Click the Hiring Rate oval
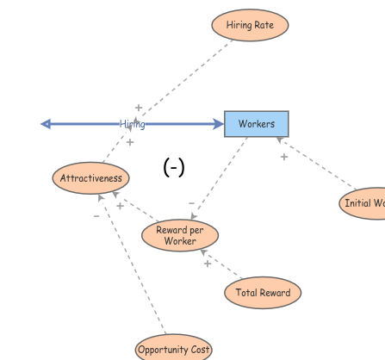(x=250, y=25)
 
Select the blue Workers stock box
(x=257, y=124)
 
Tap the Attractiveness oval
(x=90, y=178)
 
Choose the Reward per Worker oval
(x=180, y=235)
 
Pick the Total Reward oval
(x=263, y=293)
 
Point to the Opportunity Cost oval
(x=173, y=349)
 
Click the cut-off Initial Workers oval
(x=363, y=203)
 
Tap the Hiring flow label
(x=132, y=124)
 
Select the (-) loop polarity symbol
(x=174, y=167)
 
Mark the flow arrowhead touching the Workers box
(x=218, y=124)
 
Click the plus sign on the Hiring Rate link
(x=138, y=108)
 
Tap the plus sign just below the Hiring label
(x=130, y=141)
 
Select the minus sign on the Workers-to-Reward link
(x=191, y=203)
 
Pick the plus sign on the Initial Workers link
(x=284, y=157)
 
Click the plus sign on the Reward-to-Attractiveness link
(x=120, y=206)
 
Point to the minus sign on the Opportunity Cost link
(x=96, y=216)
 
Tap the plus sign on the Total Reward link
(x=207, y=264)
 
